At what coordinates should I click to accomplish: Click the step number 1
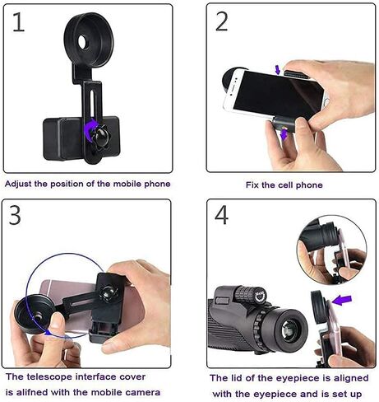click(18, 21)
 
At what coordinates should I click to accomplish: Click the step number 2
click(221, 21)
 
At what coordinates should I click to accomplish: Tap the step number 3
click(15, 216)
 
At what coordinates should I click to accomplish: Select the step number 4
click(221, 216)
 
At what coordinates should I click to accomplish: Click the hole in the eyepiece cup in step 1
click(83, 41)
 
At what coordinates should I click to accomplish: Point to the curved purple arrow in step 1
click(90, 129)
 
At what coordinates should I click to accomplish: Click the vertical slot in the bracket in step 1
click(93, 105)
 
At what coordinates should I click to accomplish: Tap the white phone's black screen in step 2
click(278, 93)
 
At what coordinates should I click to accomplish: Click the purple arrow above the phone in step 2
click(278, 69)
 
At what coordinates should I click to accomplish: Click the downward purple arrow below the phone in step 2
click(284, 134)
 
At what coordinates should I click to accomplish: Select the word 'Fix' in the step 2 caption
click(252, 185)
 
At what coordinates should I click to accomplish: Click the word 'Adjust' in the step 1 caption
click(18, 184)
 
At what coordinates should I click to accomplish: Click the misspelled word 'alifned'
click(32, 392)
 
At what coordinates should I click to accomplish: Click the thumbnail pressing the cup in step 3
click(57, 320)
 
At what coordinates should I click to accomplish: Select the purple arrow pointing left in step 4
click(342, 300)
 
